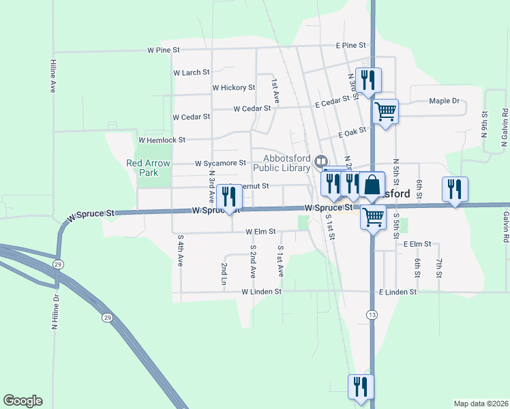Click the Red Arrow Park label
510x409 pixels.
[142, 168]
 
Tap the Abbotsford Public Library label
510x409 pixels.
[282, 162]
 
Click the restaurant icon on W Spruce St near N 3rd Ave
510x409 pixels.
[228, 196]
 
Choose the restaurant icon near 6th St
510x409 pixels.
[454, 188]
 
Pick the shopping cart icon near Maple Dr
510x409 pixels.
[386, 110]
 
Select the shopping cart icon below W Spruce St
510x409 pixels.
[373, 217]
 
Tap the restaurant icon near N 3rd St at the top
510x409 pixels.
[367, 79]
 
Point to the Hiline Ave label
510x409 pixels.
[52, 76]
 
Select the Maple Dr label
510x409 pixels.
[445, 101]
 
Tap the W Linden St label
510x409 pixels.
[262, 292]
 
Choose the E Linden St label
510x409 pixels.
[397, 292]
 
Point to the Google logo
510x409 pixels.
[22, 401]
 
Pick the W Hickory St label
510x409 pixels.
[233, 87]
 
